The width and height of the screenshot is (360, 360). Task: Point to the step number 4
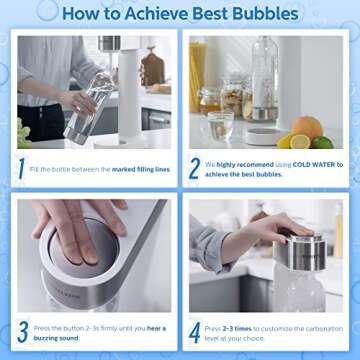195,331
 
